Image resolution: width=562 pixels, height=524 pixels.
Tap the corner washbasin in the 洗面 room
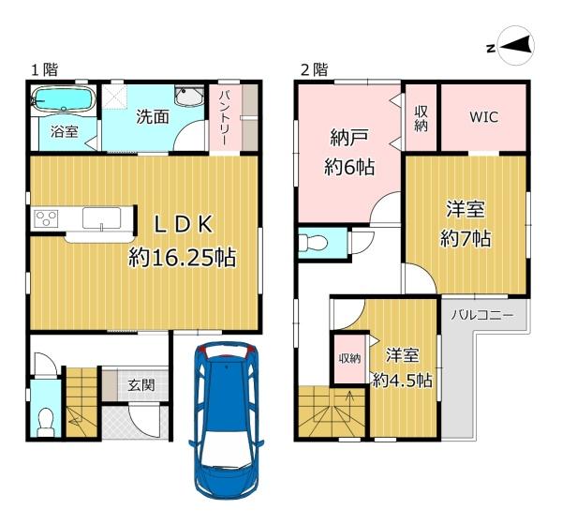point(189,97)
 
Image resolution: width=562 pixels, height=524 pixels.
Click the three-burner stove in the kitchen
point(46,218)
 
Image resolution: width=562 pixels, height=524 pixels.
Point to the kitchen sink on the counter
point(101,217)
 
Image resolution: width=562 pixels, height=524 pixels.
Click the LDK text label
point(184,225)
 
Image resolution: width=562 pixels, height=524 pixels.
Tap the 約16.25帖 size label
point(183,257)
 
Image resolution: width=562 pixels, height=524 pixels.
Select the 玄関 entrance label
point(142,385)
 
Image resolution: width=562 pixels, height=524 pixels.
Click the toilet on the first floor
point(45,423)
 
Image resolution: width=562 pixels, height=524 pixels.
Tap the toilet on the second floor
point(313,243)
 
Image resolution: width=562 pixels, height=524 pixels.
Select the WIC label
point(484,117)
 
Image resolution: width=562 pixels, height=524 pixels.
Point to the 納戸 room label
point(349,138)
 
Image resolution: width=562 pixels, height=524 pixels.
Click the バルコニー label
point(482,316)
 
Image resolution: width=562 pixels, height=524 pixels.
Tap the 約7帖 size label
point(466,238)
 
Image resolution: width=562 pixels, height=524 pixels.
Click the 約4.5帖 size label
point(403,380)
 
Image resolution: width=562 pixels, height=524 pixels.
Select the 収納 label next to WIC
point(421,119)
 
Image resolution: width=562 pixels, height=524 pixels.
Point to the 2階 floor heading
point(315,69)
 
